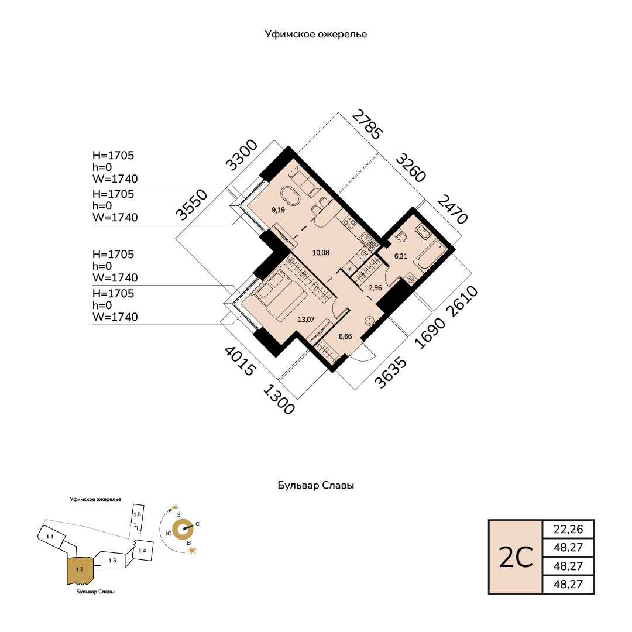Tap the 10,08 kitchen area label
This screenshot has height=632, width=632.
tap(320, 253)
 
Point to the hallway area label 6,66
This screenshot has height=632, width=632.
tap(345, 337)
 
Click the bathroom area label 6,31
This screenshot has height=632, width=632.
tap(401, 256)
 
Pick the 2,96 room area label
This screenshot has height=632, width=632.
tap(375, 288)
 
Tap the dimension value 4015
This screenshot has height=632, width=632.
tap(240, 361)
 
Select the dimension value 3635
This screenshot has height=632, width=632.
tap(391, 372)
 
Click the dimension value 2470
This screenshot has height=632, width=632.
tap(452, 209)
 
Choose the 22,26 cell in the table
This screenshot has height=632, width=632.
tap(568, 529)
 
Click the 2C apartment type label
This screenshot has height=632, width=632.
tap(516, 557)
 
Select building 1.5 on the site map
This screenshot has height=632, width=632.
tap(137, 514)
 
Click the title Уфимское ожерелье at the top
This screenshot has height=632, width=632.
tap(315, 35)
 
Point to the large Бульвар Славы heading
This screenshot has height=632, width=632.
tap(315, 486)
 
